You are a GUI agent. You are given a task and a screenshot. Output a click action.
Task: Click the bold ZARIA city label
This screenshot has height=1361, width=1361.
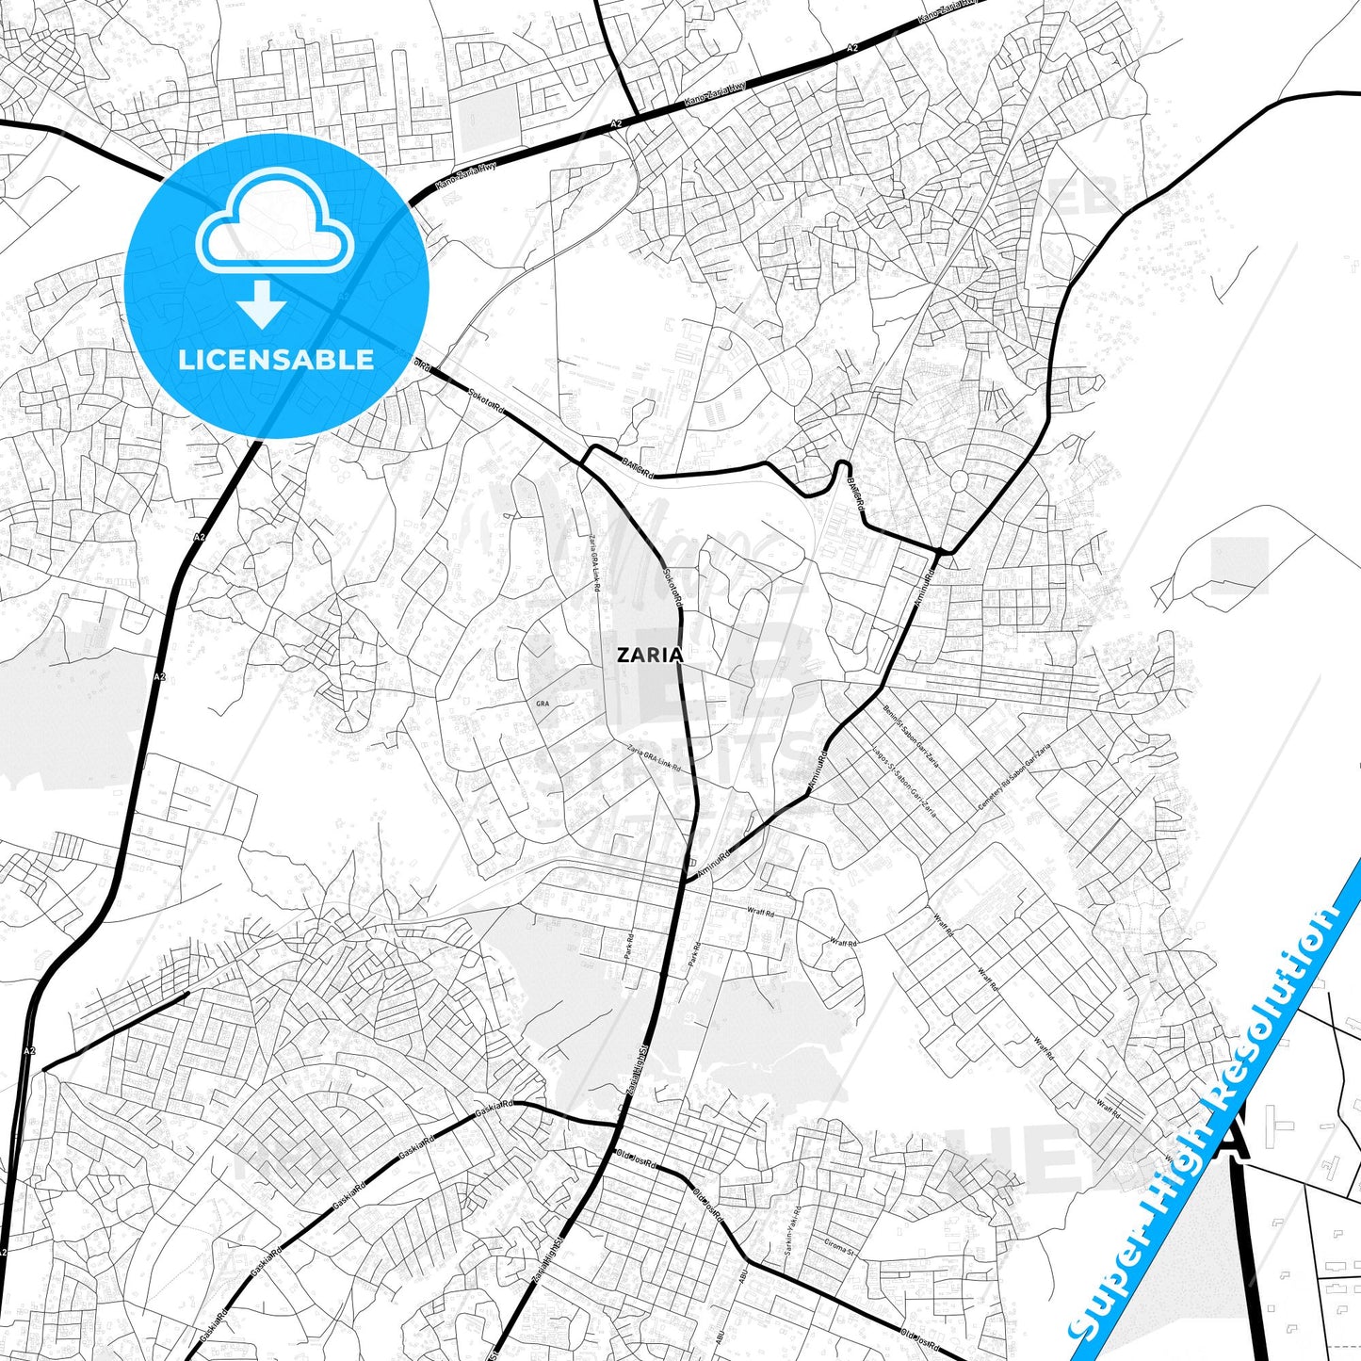(x=649, y=655)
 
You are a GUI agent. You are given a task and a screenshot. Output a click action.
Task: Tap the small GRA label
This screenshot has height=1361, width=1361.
(x=542, y=704)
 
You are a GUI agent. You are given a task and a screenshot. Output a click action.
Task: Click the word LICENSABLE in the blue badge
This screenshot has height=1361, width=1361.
(x=276, y=359)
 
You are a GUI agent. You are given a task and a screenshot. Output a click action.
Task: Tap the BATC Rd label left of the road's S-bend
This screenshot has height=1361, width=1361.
(x=637, y=467)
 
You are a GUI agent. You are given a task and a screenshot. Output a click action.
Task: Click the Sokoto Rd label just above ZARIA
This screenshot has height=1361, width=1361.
(x=672, y=590)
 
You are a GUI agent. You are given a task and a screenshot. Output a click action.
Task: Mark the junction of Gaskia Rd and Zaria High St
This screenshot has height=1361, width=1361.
(x=618, y=1123)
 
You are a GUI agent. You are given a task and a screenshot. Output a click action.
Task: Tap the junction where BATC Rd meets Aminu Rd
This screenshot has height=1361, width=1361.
(x=942, y=550)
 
